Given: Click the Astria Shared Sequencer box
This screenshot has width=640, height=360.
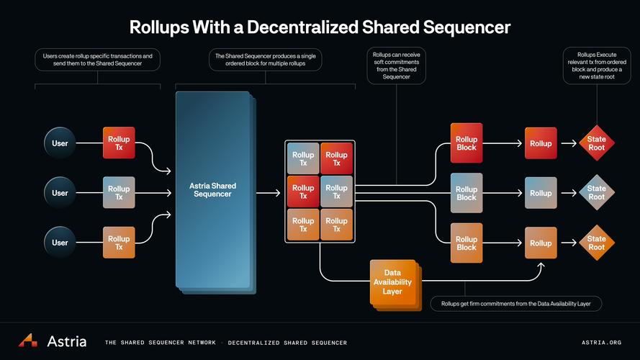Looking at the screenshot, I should (212, 190).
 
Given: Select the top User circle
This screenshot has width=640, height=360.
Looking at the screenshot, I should (60, 143).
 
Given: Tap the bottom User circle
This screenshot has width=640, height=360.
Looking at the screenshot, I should (60, 243).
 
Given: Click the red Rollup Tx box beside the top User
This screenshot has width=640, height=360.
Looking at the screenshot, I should (119, 143).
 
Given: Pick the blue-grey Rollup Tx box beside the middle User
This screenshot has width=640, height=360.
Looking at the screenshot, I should (119, 193).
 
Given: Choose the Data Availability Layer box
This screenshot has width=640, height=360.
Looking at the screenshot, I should (392, 282).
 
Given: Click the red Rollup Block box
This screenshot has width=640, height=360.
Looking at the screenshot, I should (466, 143).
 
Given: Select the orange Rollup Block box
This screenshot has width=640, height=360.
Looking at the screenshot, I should (466, 243).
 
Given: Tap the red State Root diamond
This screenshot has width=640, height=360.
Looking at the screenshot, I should (596, 143).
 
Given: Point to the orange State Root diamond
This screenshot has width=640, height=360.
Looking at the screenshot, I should (596, 243).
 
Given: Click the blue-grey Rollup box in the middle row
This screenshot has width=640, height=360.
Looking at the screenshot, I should (541, 193).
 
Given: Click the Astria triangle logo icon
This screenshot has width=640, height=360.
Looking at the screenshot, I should (28, 341).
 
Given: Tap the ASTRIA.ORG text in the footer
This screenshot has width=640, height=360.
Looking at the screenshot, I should (601, 343).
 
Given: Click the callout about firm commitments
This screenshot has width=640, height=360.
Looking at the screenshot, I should (516, 304).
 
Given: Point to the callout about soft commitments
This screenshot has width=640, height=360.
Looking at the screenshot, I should (396, 66).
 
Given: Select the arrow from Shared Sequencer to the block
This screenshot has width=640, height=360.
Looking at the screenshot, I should (268, 193).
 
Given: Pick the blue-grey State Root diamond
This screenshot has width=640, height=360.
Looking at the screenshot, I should (596, 193).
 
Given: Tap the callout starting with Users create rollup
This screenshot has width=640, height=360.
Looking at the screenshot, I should (97, 60).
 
